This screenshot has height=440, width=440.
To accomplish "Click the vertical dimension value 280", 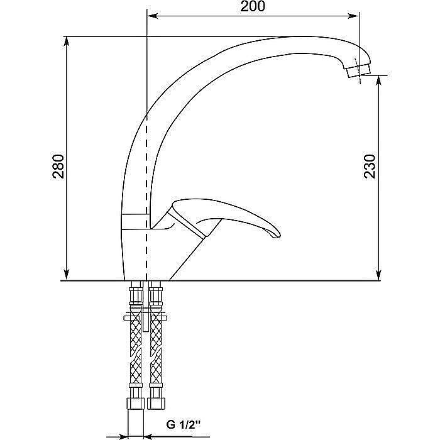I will [57, 166].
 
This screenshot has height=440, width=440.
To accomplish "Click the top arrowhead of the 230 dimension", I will [379, 82].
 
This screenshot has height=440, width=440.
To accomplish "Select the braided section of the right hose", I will [155, 346].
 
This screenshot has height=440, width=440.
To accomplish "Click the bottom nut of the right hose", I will [155, 402].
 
